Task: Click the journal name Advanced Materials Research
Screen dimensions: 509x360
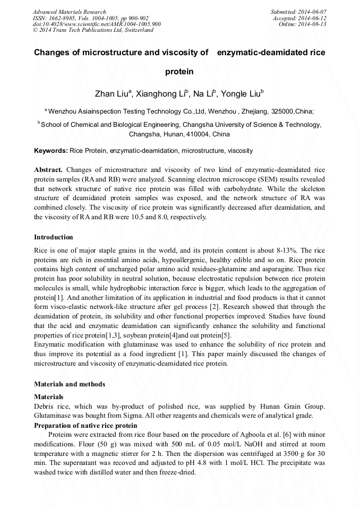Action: point(69,12)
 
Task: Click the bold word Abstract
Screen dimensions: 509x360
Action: point(48,169)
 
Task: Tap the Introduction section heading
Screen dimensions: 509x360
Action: point(54,237)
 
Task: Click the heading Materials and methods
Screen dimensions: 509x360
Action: point(70,384)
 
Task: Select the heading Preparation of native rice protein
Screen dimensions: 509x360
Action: point(85,426)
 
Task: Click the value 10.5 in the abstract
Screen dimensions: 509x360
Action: point(138,217)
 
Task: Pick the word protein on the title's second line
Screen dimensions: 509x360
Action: point(179,71)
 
